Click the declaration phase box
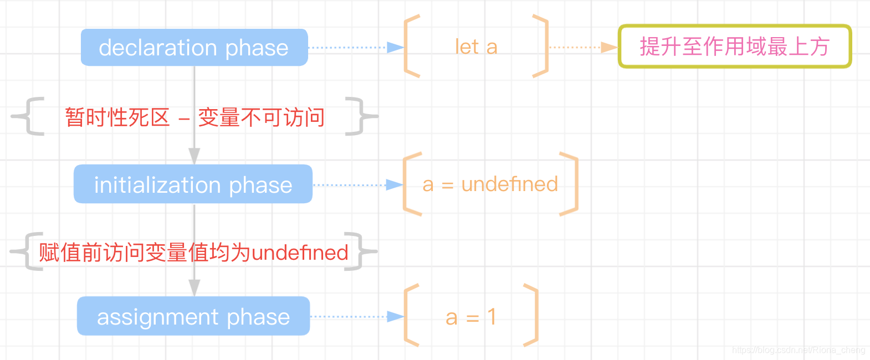(x=194, y=48)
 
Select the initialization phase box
(x=193, y=184)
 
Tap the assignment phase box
(x=193, y=316)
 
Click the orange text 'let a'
(x=476, y=47)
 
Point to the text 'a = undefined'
(x=490, y=184)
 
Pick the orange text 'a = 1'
(x=470, y=317)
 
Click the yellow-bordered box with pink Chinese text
(x=734, y=47)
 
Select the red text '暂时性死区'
(x=117, y=117)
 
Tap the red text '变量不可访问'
(x=261, y=117)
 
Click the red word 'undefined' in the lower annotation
(x=300, y=253)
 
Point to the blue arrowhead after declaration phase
(x=396, y=48)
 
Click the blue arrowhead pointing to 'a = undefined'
(x=395, y=184)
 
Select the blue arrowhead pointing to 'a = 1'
(x=396, y=317)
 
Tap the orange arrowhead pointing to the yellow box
(x=609, y=48)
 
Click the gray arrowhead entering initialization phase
(x=194, y=156)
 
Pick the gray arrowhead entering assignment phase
(x=194, y=287)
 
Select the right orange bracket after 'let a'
(x=540, y=47)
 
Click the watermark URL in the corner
(x=798, y=350)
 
